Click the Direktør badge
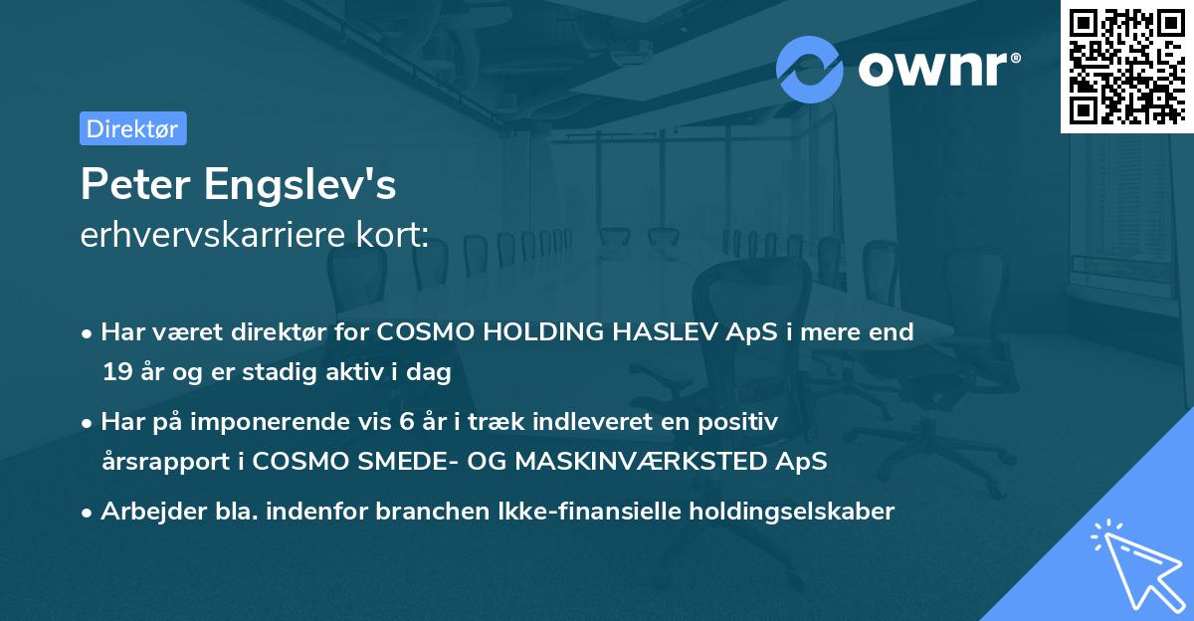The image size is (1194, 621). click(x=132, y=128)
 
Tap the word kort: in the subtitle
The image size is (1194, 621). click(x=395, y=235)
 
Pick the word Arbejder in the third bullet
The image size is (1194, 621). click(x=145, y=512)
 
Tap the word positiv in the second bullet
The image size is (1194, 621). click(x=742, y=422)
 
